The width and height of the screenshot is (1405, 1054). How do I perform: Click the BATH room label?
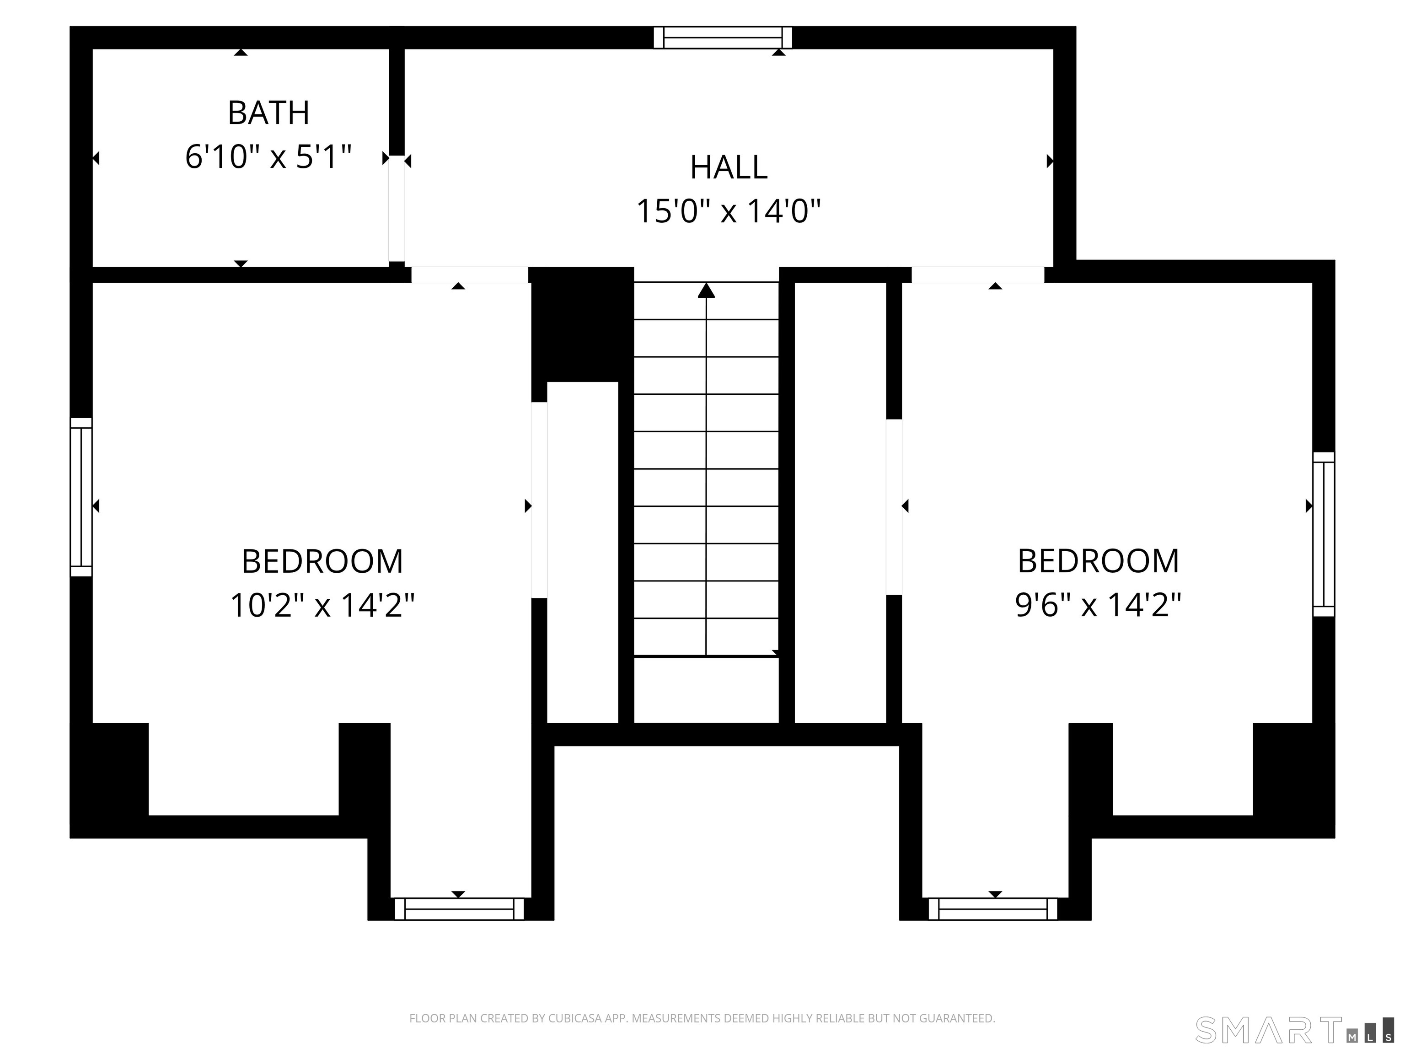(268, 113)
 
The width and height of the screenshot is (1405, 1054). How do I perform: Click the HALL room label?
(729, 168)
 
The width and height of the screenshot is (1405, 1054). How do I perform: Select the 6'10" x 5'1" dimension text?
(268, 157)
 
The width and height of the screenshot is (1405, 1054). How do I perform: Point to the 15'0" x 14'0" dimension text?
(729, 211)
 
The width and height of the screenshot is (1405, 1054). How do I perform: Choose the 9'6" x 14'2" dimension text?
(1098, 606)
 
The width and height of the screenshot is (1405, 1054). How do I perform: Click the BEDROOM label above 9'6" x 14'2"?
(1098, 562)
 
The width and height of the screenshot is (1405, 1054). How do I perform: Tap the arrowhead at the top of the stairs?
(706, 290)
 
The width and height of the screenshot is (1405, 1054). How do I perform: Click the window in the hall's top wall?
(723, 38)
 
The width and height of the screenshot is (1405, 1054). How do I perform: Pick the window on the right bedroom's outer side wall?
(1324, 534)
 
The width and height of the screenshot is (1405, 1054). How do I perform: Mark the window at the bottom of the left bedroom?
(459, 909)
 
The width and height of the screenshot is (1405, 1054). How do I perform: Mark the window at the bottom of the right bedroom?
(993, 909)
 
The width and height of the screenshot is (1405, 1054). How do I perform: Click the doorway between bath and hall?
(397, 209)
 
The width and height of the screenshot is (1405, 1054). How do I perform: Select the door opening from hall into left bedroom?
(470, 275)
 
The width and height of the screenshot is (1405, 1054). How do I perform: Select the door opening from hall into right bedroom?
(977, 275)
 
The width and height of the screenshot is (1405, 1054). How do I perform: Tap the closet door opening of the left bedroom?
(539, 500)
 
